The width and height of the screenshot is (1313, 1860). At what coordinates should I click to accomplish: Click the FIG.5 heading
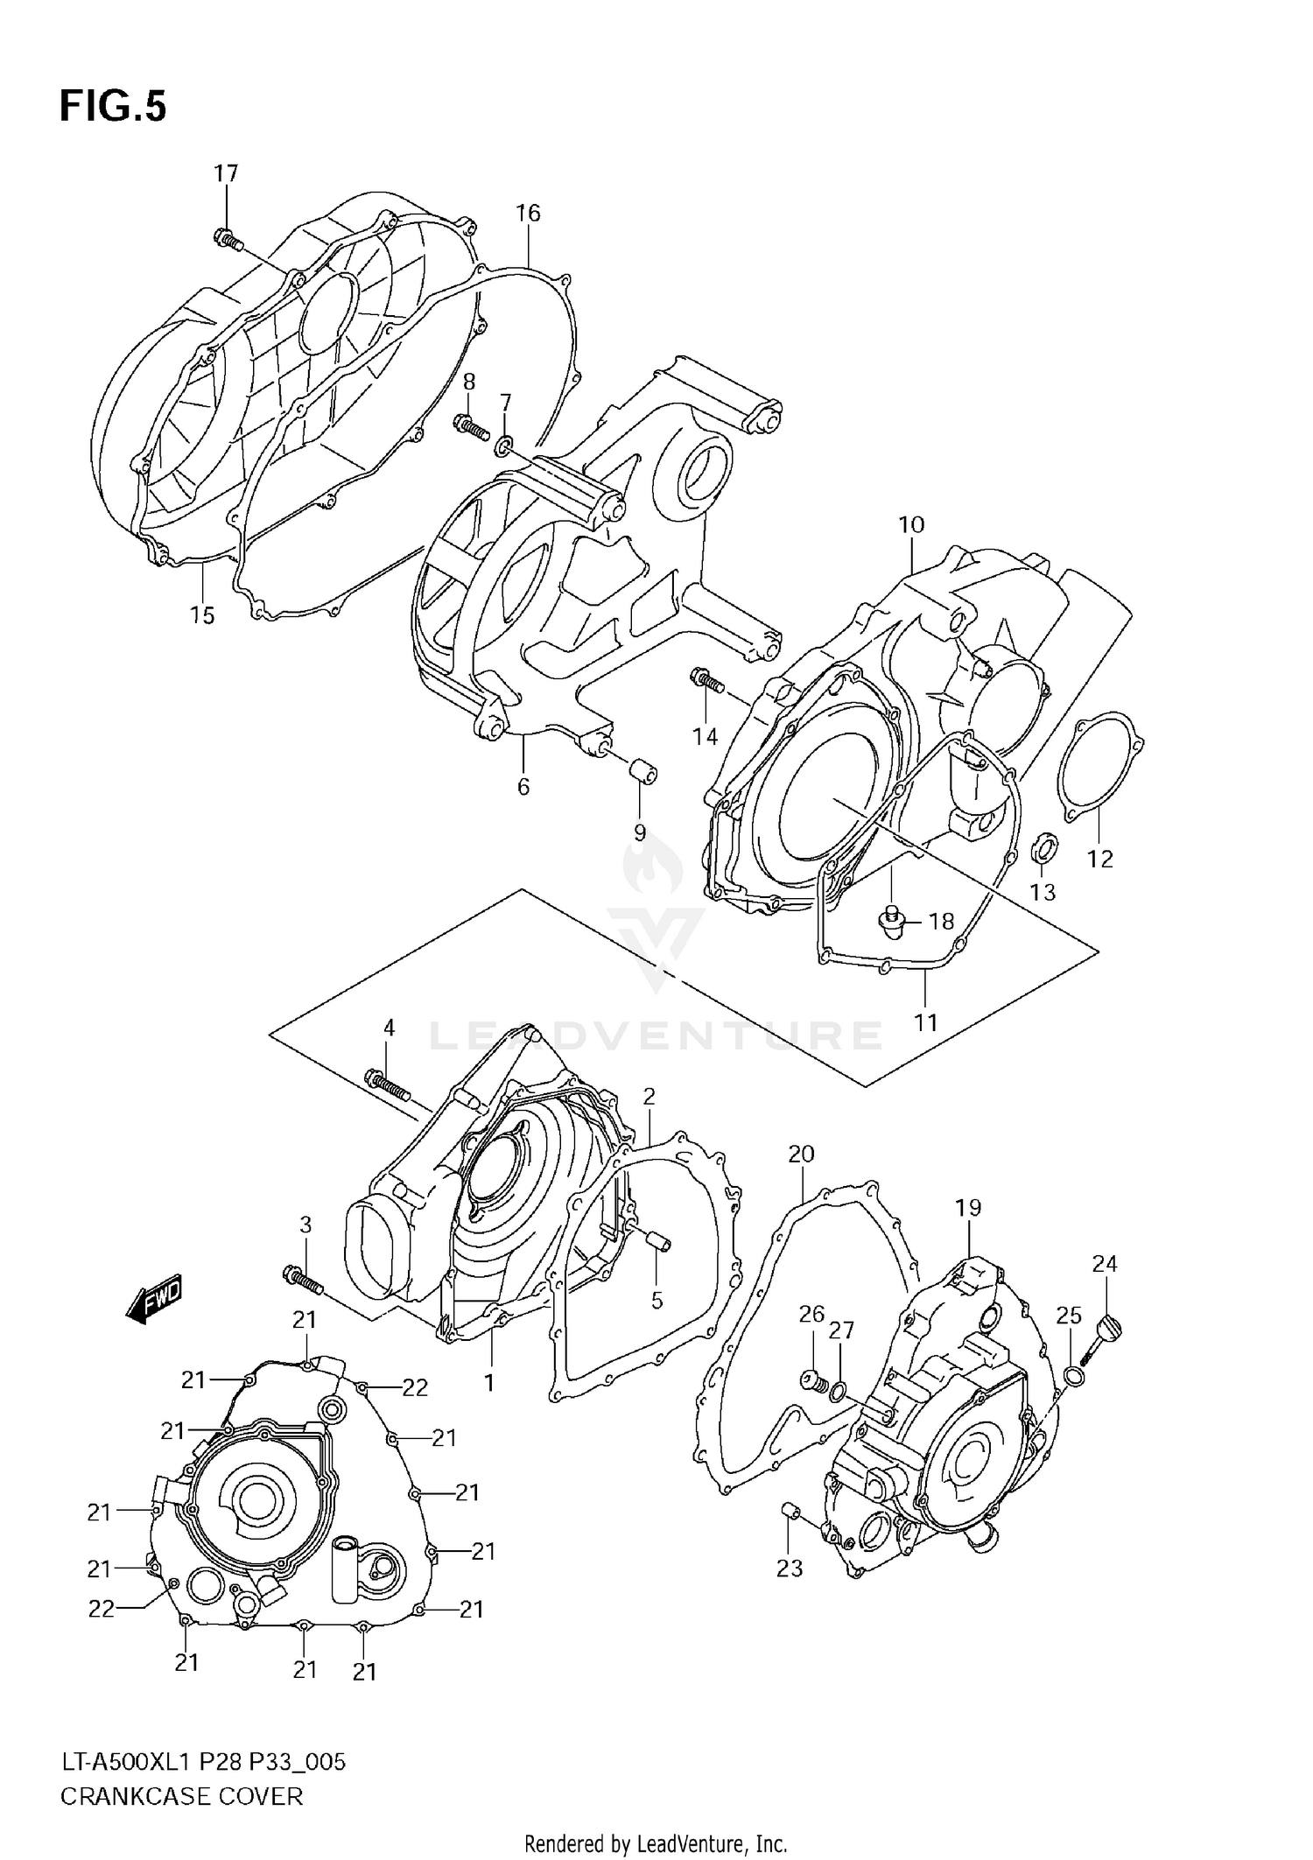112,107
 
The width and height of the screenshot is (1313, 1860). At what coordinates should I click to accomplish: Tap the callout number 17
226,173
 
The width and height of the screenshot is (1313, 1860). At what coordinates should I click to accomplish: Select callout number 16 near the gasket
528,213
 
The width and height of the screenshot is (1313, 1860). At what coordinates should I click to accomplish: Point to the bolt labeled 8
471,426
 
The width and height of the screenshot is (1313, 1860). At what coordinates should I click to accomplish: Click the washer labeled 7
505,447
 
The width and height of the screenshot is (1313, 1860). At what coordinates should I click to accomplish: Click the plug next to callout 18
891,922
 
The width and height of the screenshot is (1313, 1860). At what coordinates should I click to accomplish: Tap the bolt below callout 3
303,1280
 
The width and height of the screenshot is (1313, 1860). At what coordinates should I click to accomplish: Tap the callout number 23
790,1568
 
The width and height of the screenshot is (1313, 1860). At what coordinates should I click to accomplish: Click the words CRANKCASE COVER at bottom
181,1796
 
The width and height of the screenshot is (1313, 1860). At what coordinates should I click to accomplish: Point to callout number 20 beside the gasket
801,1154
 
